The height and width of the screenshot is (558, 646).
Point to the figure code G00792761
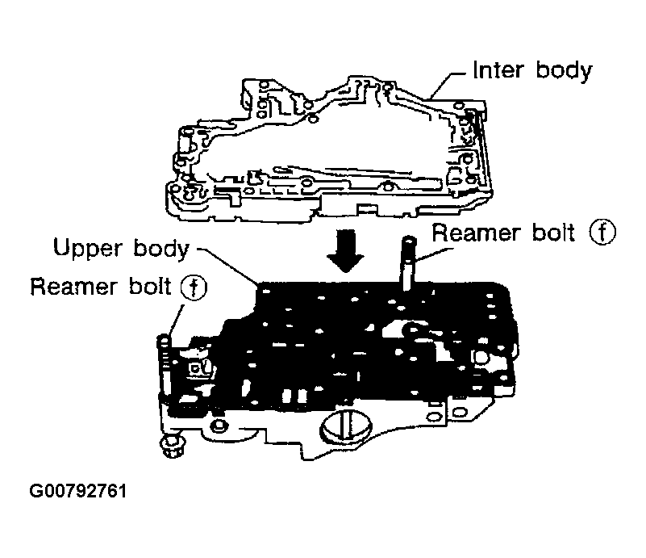pyautogui.click(x=78, y=490)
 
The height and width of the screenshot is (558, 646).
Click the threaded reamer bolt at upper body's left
pyautogui.click(x=164, y=371)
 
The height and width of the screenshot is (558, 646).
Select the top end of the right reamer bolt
pyautogui.click(x=409, y=241)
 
